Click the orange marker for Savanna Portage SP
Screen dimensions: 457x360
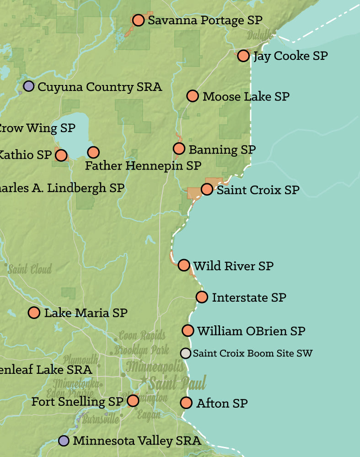(x=138, y=21)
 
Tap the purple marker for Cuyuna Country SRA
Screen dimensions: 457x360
(x=29, y=86)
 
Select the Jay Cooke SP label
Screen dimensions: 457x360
(x=290, y=56)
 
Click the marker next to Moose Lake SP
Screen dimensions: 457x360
(x=193, y=96)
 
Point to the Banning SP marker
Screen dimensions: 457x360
(x=179, y=149)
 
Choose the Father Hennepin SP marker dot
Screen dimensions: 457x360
(x=93, y=152)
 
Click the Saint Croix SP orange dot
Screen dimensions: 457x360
(x=207, y=189)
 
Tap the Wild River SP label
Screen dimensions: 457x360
(x=233, y=266)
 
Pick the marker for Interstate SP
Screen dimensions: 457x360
(x=202, y=297)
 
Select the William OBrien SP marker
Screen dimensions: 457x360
(x=188, y=330)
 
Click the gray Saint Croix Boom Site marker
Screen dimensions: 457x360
(x=185, y=353)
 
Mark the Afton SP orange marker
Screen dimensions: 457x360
(x=186, y=403)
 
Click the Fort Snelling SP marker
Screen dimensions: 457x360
(x=133, y=401)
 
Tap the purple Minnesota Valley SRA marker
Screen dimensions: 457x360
(x=64, y=441)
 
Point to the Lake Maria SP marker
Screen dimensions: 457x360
(x=34, y=313)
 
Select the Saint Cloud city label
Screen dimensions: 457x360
(x=30, y=269)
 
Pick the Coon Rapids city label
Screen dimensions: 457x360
(x=142, y=336)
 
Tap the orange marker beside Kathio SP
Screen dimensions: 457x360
(x=61, y=155)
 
